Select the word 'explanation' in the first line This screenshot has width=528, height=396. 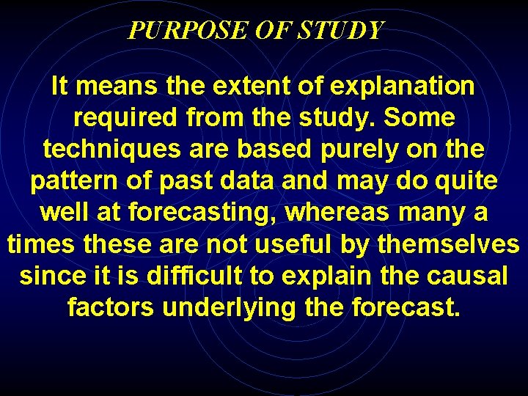(403, 87)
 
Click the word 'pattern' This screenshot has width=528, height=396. (72, 181)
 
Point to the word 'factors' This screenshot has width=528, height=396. (111, 307)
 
